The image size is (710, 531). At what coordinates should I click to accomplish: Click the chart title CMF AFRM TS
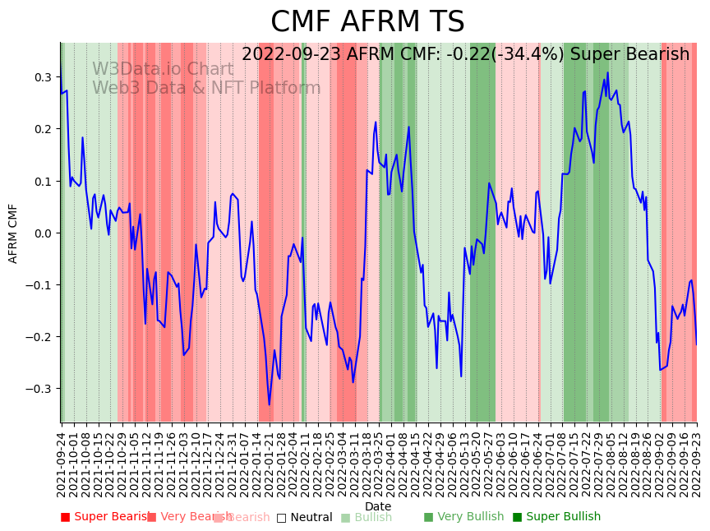367,22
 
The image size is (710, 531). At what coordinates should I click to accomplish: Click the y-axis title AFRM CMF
13,233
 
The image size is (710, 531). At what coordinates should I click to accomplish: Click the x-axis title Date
378,506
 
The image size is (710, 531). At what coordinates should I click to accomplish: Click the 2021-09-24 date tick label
61,464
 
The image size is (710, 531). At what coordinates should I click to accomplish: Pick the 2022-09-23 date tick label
698,464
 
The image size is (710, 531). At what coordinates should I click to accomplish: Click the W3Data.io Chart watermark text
163,69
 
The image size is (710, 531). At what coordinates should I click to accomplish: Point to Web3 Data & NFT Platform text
206,88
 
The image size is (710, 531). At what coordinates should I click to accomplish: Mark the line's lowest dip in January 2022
269,405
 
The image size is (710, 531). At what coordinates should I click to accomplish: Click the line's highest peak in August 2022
608,72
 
